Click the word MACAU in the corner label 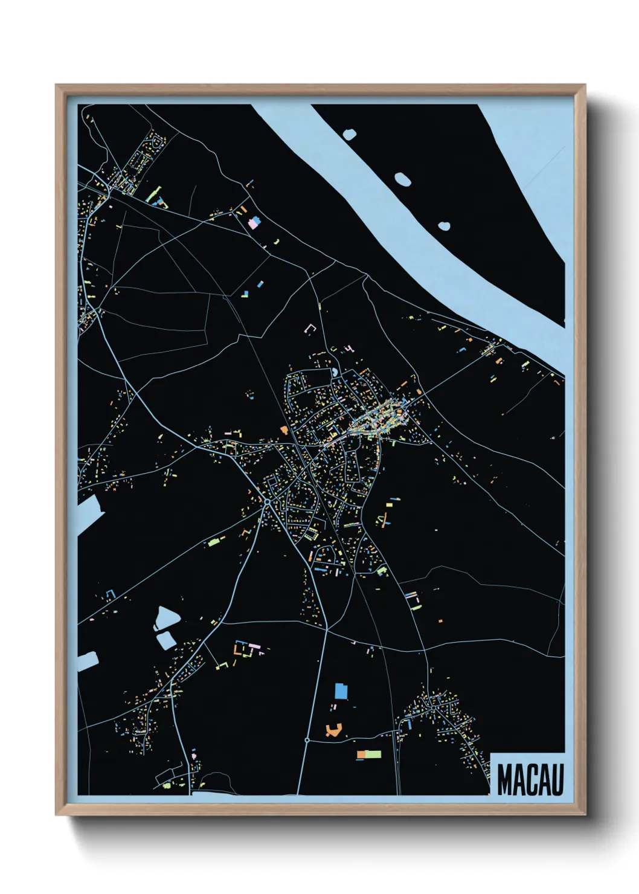coord(530,780)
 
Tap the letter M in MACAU coord(506,780)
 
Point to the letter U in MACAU coord(557,780)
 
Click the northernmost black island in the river coord(349,134)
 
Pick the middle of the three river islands coord(402,179)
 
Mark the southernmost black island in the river coord(444,227)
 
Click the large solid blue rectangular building coord(341,690)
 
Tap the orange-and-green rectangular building coord(369,754)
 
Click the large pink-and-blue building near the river coord(255,224)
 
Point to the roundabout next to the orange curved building coord(307,739)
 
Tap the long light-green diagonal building coord(152,195)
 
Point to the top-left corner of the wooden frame coord(56,86)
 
